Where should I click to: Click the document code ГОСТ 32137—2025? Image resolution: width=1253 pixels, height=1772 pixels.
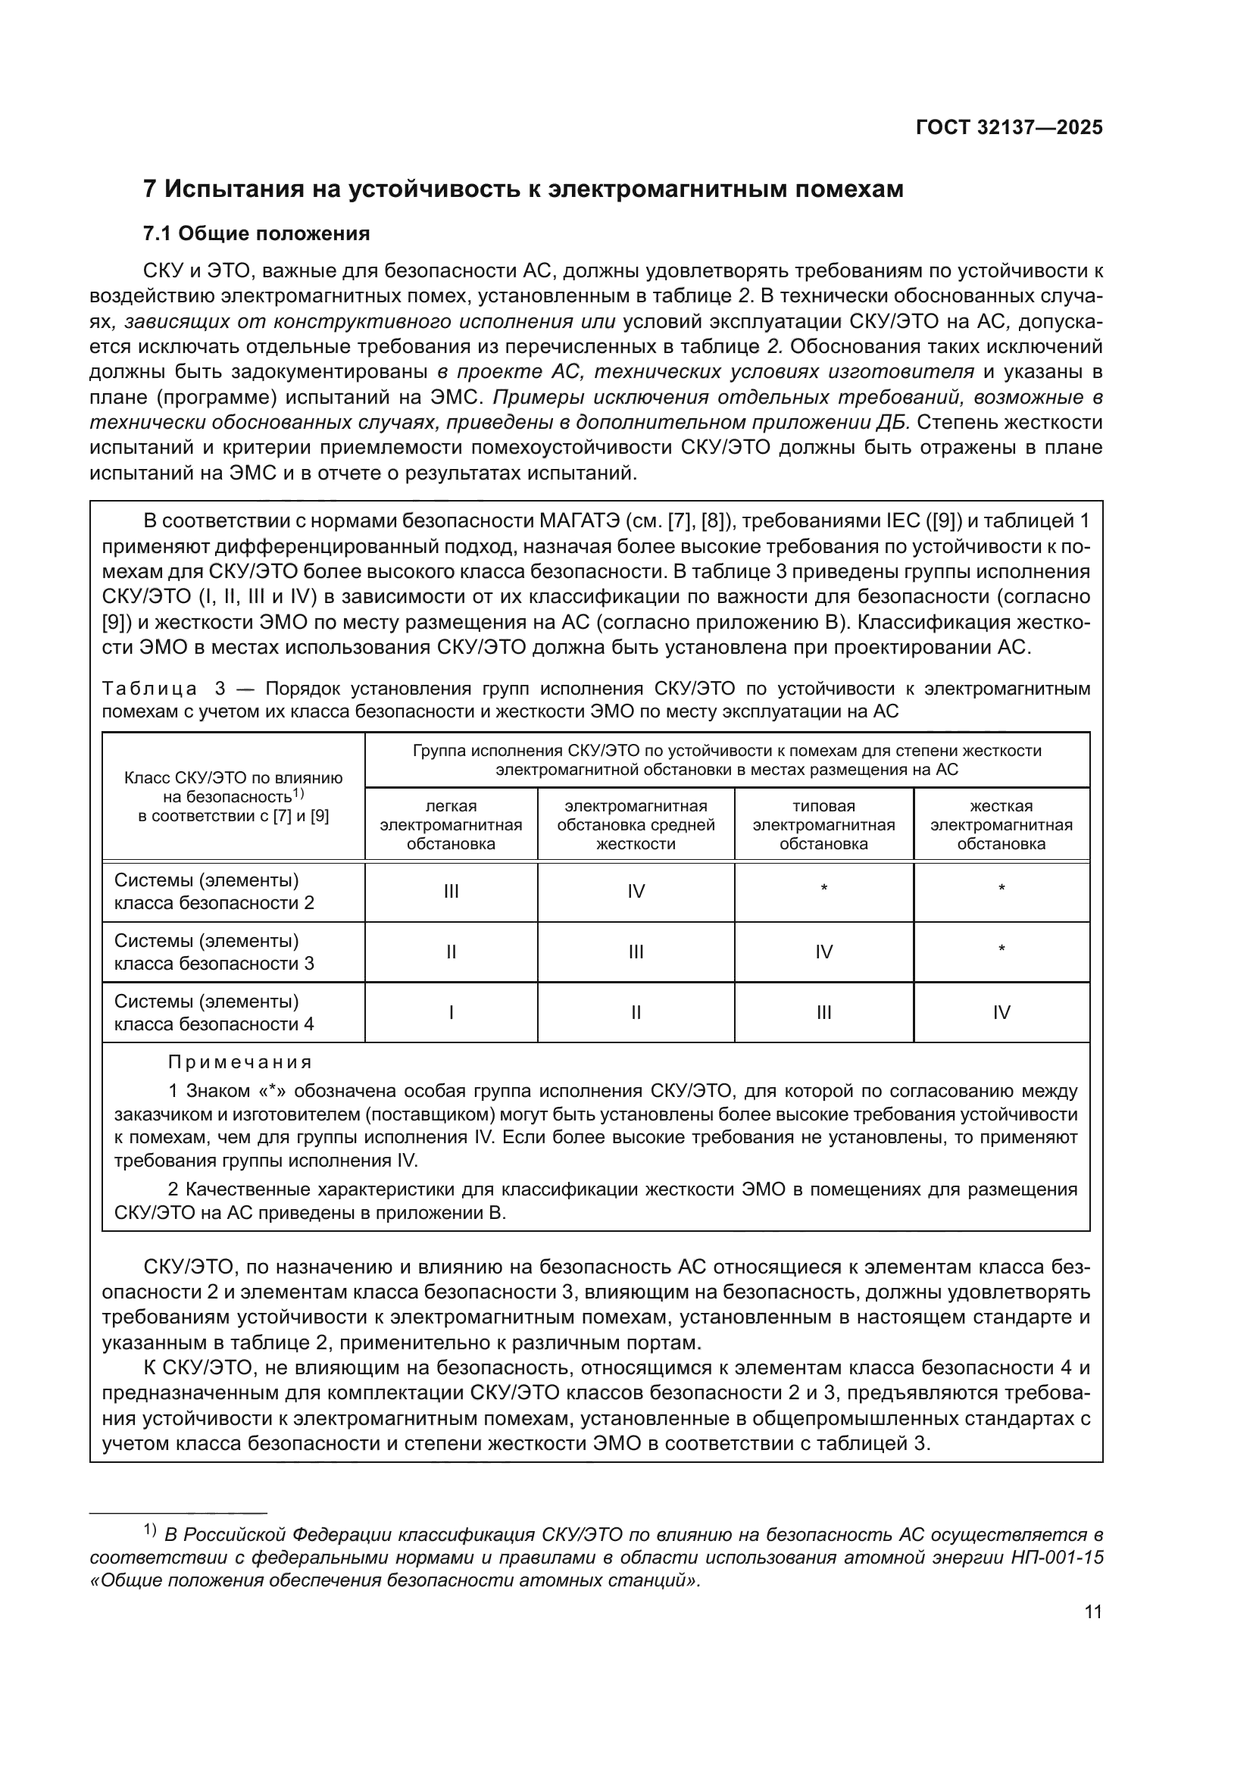pos(1008,128)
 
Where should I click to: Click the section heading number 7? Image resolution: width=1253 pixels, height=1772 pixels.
pos(151,189)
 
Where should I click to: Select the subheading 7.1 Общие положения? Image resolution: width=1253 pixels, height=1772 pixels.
pos(256,233)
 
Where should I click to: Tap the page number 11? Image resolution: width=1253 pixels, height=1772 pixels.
pos(1092,1612)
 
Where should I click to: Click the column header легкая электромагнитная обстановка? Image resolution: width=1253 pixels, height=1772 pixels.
pos(451,824)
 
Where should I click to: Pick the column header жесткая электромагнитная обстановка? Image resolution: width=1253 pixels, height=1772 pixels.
pos(1001,824)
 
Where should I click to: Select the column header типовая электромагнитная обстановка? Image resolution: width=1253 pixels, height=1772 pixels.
pos(823,824)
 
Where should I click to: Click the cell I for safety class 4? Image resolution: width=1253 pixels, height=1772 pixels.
pos(451,1013)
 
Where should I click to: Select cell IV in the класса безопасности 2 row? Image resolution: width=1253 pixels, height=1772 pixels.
pos(636,892)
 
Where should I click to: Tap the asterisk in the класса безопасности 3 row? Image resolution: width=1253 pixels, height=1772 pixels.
pos(1001,949)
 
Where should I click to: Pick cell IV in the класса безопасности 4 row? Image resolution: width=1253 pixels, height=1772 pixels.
pos(1001,1013)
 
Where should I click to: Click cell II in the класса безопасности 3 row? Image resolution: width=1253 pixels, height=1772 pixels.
pos(451,952)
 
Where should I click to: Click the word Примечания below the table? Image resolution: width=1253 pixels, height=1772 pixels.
pos(240,1063)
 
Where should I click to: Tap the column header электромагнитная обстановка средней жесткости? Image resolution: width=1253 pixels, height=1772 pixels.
pos(636,824)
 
